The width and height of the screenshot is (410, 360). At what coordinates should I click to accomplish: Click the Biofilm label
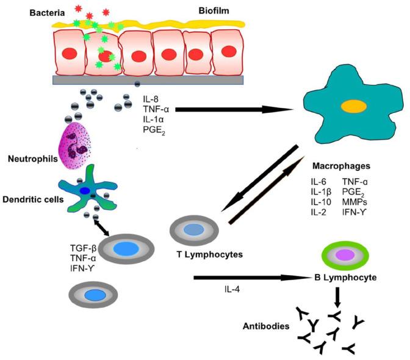[215, 11]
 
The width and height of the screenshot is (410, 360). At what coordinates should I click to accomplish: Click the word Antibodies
[263, 326]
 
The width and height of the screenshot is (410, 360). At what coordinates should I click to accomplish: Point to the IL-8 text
[151, 99]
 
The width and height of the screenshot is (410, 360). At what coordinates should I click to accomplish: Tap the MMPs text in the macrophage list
[354, 200]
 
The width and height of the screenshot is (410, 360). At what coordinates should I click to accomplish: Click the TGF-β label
[83, 248]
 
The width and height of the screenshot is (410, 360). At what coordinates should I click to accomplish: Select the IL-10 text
[321, 200]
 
